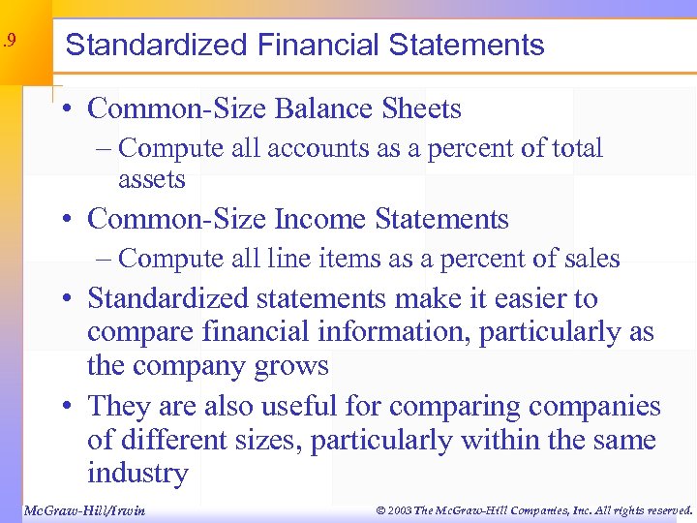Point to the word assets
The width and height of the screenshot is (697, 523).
[x=151, y=179]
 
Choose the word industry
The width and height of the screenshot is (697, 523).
[x=137, y=474]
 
